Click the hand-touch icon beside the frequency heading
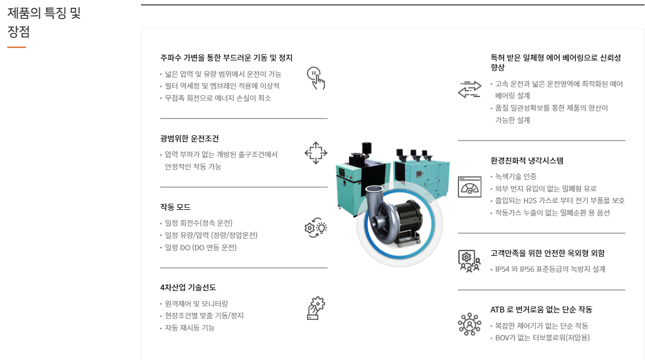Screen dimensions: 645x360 coord(316,78)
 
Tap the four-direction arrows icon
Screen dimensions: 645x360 coord(316,153)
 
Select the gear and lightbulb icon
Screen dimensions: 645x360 coord(316,228)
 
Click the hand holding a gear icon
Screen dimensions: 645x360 coord(316,308)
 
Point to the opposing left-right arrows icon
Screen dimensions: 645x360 coord(470,89)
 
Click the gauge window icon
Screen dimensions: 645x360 coord(470,187)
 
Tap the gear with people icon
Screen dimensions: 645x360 coord(470,261)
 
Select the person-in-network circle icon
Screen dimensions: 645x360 coord(470,324)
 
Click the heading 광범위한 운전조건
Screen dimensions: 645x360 coord(190,139)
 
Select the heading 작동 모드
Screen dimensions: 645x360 coord(175,207)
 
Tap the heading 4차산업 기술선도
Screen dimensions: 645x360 coord(188,288)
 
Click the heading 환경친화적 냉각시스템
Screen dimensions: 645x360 coord(527,161)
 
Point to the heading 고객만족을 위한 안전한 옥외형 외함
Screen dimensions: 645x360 coord(548,253)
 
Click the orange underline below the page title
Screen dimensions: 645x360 coord(17,47)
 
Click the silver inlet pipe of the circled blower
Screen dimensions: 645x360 coord(374,193)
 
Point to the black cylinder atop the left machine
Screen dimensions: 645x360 coord(366,148)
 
